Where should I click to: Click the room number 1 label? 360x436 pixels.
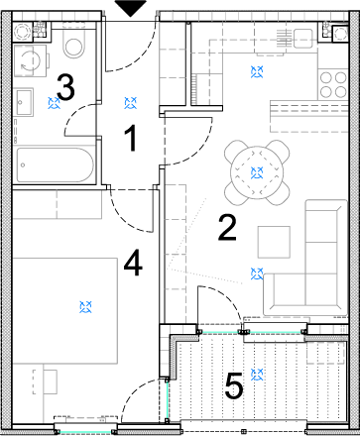[x=132, y=138]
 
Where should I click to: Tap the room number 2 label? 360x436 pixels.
[x=227, y=227]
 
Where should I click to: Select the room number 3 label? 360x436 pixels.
[x=65, y=87]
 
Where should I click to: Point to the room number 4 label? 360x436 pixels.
[x=133, y=264]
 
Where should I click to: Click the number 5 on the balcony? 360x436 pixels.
[x=234, y=385]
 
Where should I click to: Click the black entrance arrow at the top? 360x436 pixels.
[x=131, y=8]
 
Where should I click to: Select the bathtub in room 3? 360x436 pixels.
[x=55, y=164]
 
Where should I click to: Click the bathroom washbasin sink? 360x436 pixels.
[x=24, y=102]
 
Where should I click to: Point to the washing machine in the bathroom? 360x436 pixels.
[x=30, y=60]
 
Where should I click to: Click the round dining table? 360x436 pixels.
[x=257, y=172]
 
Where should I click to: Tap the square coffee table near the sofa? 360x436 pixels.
[x=274, y=242]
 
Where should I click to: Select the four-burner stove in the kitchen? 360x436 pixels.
[x=333, y=84]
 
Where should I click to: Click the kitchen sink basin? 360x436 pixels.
[x=302, y=39]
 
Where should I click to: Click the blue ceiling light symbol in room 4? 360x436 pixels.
[x=85, y=307]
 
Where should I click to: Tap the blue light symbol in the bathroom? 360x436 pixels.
[x=54, y=103]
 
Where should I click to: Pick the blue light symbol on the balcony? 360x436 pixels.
[x=257, y=375]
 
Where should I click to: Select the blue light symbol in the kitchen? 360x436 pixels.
[x=257, y=71]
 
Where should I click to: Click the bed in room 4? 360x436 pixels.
[x=64, y=311]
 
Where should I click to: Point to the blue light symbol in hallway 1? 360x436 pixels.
[x=131, y=103]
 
